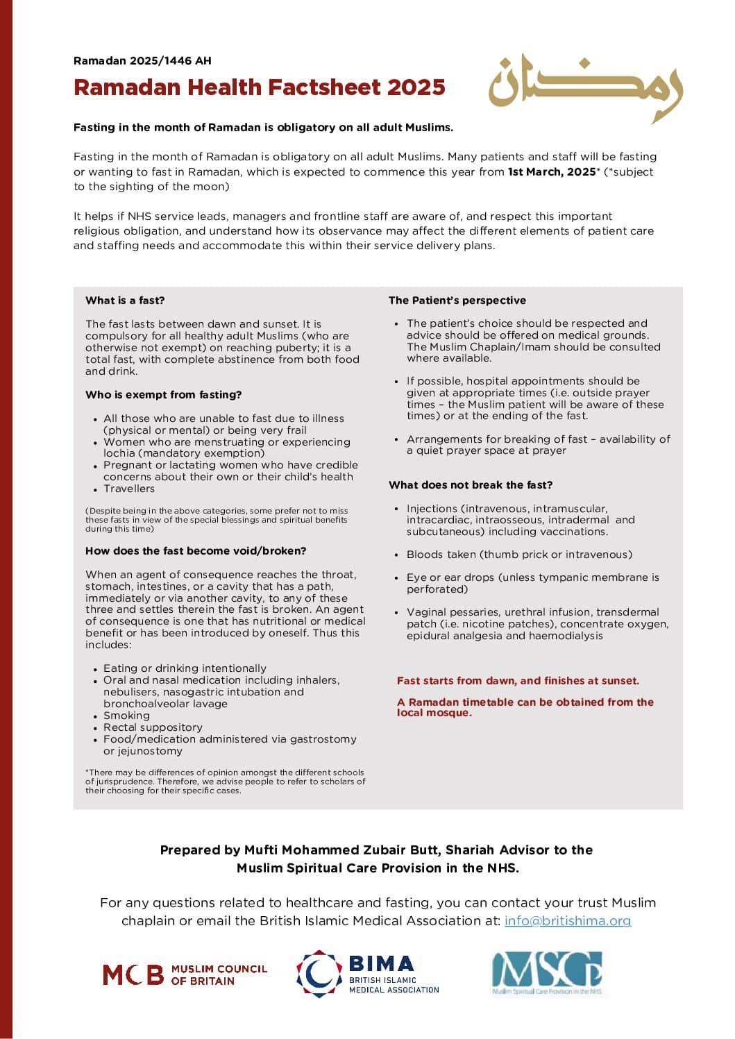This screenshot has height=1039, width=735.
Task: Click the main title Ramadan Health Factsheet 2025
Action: click(x=259, y=87)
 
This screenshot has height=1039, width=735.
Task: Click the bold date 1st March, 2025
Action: click(x=552, y=171)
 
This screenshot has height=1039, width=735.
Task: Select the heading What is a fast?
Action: click(x=125, y=301)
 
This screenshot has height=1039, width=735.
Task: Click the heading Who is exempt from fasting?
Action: click(x=163, y=395)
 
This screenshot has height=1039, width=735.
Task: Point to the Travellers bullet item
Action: click(x=129, y=489)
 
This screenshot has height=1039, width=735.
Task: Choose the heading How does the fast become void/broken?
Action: click(x=196, y=551)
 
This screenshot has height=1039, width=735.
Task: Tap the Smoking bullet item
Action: click(x=126, y=716)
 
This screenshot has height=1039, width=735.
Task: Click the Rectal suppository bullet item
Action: click(x=153, y=727)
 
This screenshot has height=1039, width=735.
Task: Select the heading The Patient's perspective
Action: click(x=457, y=301)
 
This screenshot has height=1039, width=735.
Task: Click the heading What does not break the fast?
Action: click(x=471, y=485)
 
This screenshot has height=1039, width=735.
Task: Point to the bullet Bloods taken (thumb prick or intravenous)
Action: click(x=519, y=555)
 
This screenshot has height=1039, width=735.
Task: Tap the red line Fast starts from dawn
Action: click(x=518, y=681)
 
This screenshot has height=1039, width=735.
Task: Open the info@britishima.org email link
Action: click(x=567, y=921)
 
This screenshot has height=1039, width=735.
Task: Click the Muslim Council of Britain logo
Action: click(x=185, y=974)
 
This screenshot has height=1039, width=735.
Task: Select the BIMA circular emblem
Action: click(x=319, y=974)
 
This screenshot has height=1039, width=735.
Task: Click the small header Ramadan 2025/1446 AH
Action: click(x=142, y=61)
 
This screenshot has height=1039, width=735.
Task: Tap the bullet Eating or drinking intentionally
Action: click(x=185, y=668)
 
